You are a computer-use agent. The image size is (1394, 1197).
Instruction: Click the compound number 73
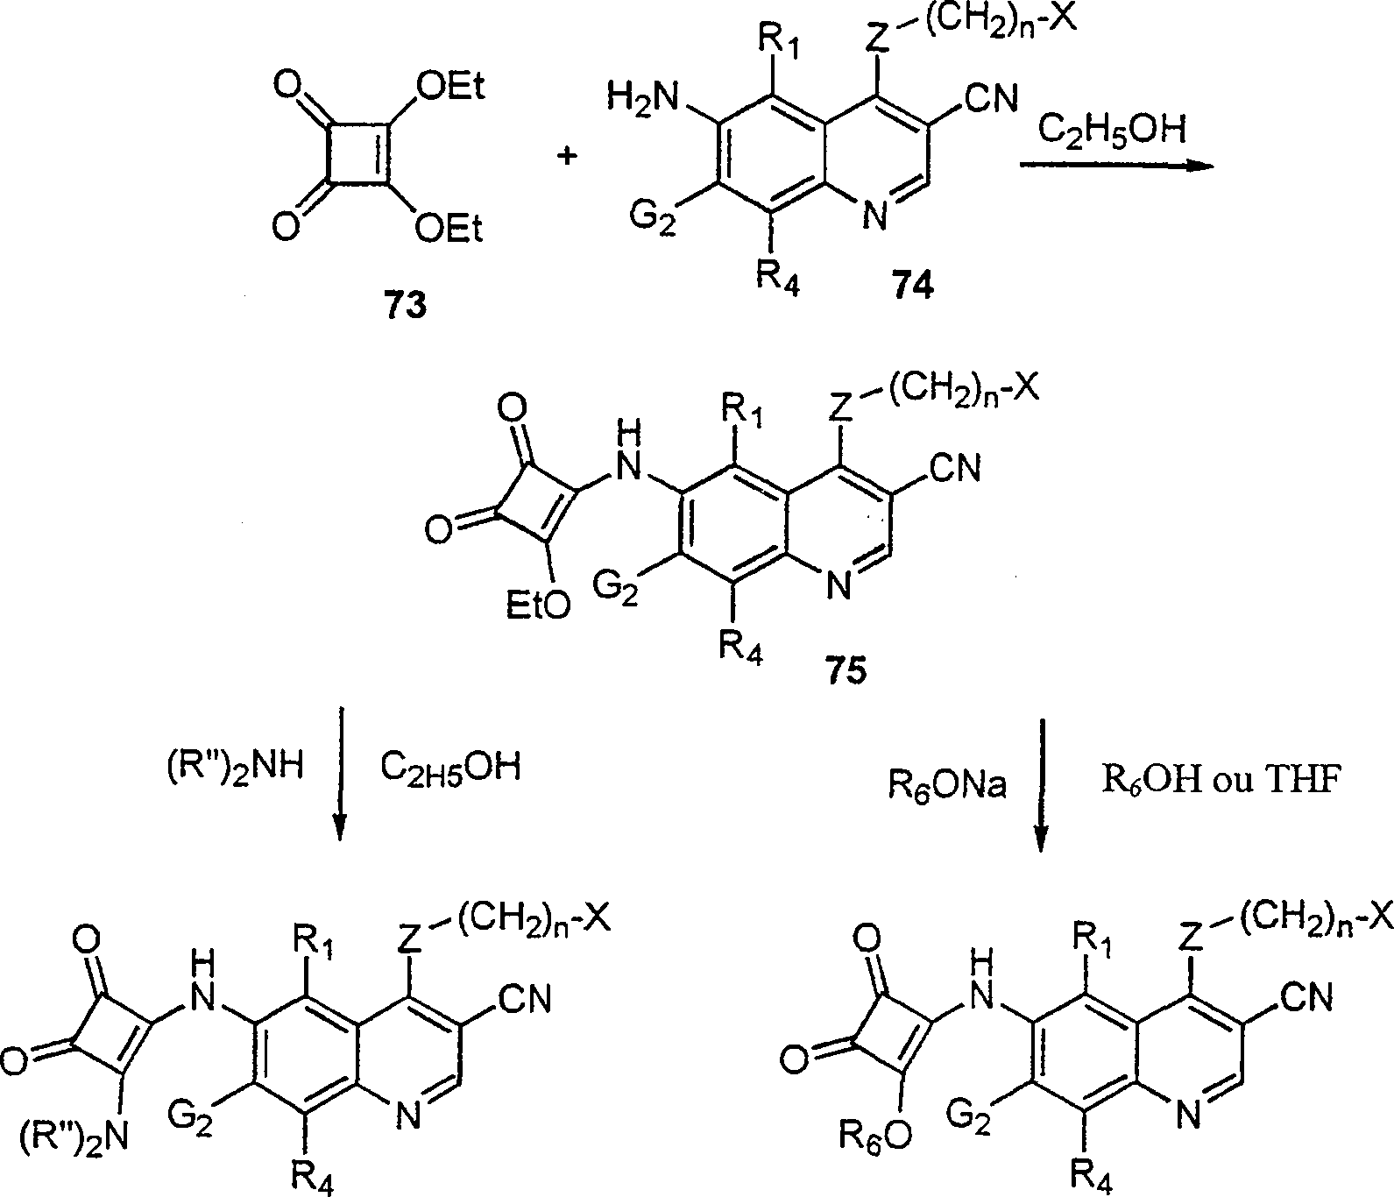pyautogui.click(x=405, y=306)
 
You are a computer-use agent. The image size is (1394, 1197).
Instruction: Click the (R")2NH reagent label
pyautogui.click(x=236, y=768)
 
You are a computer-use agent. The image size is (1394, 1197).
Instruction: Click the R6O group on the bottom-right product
pyautogui.click(x=874, y=1137)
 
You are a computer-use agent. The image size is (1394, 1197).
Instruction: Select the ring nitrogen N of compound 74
pyautogui.click(x=875, y=215)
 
